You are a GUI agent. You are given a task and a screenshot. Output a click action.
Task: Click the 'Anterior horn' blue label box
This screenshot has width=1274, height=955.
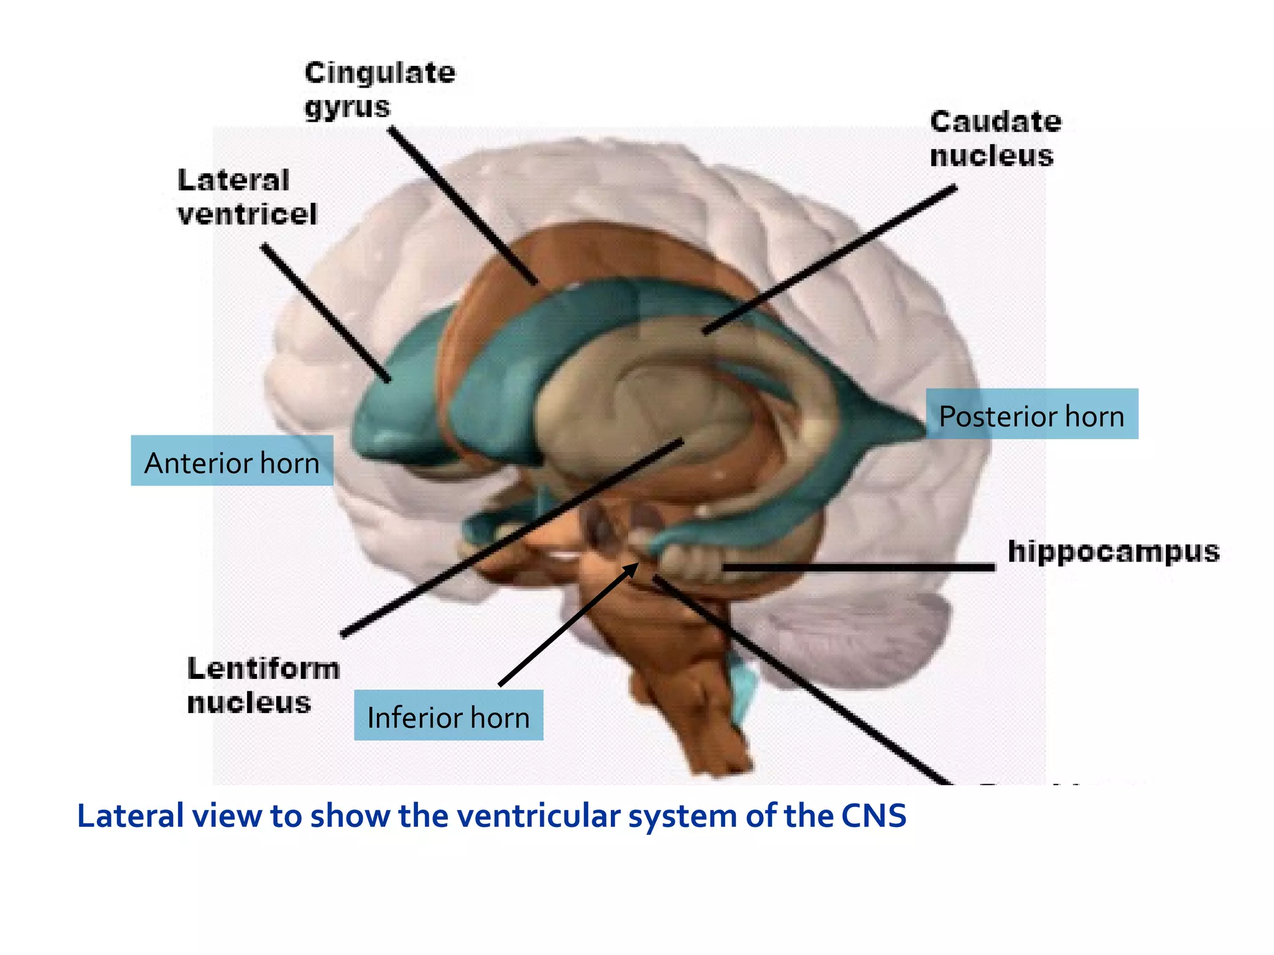(x=231, y=461)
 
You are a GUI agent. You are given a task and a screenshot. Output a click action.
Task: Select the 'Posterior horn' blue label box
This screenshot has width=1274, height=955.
(x=1031, y=414)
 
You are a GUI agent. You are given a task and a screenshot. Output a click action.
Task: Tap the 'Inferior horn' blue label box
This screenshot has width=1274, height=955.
(x=448, y=715)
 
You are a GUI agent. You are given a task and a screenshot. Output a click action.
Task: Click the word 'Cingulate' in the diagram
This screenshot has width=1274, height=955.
(x=379, y=73)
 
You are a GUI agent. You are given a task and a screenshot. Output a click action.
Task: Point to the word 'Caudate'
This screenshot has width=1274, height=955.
(x=995, y=121)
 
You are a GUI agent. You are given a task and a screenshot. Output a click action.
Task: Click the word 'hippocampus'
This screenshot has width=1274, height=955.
(x=1113, y=551)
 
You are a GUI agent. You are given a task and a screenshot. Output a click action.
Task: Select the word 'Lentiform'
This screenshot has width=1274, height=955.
(x=263, y=669)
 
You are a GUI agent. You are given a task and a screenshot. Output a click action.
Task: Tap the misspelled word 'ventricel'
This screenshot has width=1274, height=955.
(x=247, y=215)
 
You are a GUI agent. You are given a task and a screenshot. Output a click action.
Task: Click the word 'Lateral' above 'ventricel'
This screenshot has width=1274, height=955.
(x=233, y=180)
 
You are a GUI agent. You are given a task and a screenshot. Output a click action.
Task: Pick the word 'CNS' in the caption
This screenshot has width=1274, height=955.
(x=873, y=816)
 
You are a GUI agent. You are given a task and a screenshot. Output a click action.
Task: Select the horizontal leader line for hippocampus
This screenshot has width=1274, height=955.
(x=858, y=567)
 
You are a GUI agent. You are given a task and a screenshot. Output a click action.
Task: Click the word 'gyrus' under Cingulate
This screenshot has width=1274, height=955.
(x=347, y=107)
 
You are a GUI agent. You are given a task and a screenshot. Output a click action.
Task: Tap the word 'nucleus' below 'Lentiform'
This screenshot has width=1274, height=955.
(x=249, y=703)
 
